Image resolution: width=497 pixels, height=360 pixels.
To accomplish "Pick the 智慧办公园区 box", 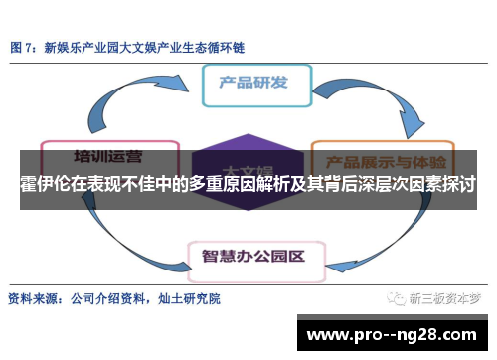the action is tap(252, 255).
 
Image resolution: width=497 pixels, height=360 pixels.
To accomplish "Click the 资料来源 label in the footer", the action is tap(34, 298).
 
